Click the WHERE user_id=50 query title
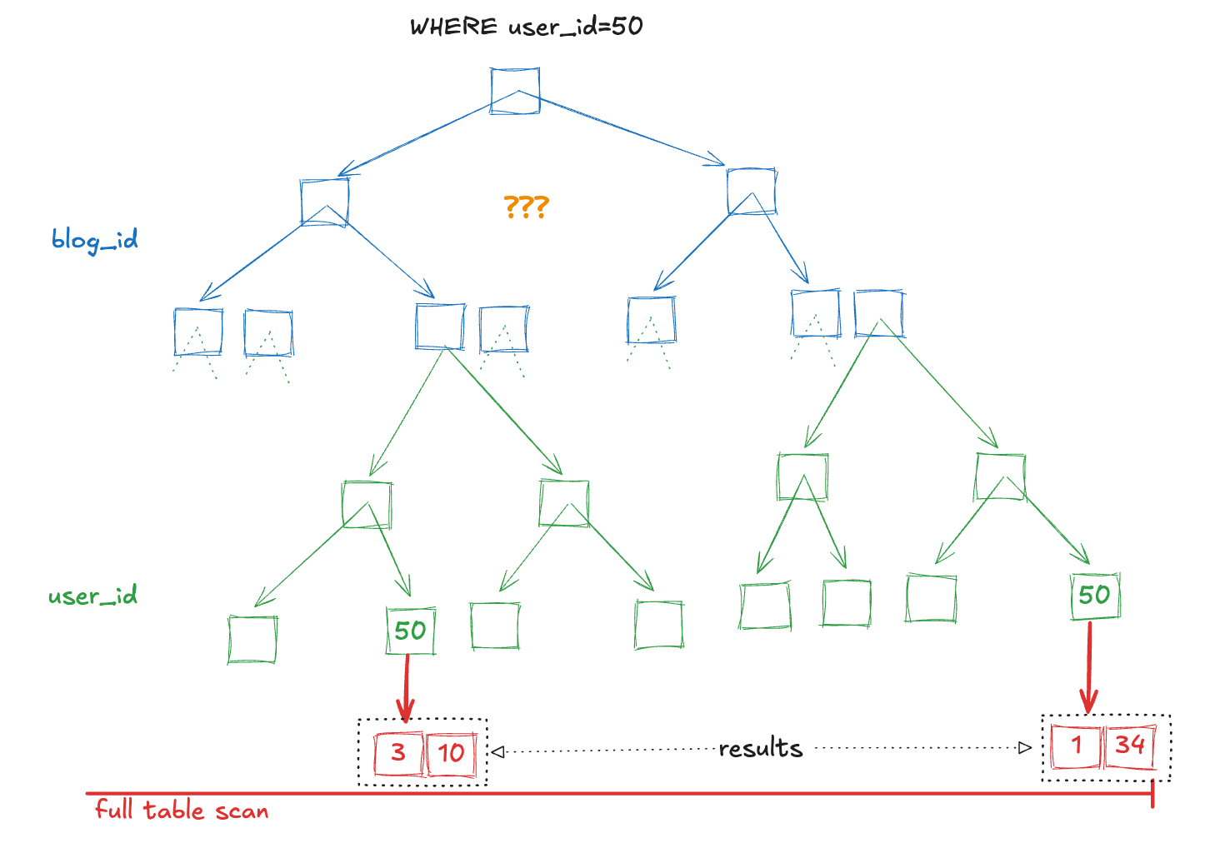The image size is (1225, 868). click(x=526, y=27)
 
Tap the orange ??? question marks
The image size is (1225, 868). click(x=526, y=206)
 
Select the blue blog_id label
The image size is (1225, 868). click(x=94, y=241)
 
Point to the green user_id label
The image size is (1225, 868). click(x=92, y=596)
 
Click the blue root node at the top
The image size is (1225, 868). click(x=515, y=90)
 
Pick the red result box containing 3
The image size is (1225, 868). click(x=398, y=753)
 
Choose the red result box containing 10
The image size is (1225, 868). click(x=451, y=753)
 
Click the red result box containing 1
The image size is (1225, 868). click(x=1076, y=746)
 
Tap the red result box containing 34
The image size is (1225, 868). click(x=1130, y=746)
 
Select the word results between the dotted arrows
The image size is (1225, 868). click(x=760, y=749)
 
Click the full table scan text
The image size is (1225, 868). click(x=182, y=811)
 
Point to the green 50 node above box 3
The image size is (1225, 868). click(x=410, y=631)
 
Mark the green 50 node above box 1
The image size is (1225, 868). click(x=1094, y=595)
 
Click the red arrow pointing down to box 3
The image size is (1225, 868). click(x=406, y=687)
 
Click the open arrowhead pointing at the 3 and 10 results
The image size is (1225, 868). click(x=497, y=752)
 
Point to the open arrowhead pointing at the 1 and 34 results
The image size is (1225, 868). click(x=1025, y=748)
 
